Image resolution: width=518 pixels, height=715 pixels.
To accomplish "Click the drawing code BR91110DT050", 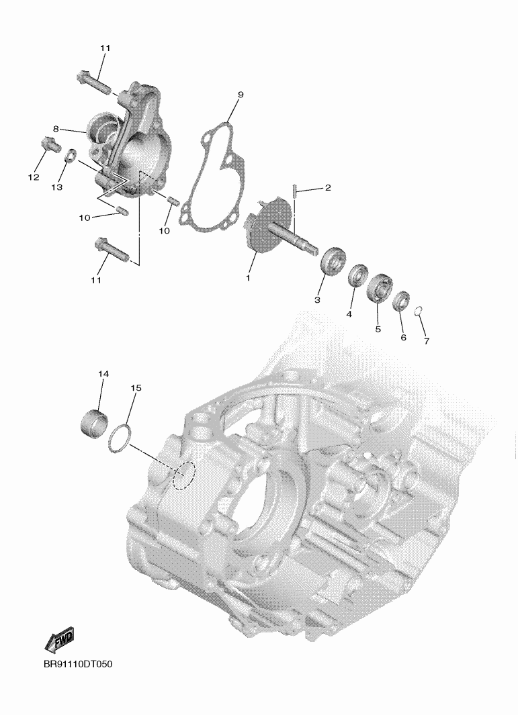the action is [78, 664].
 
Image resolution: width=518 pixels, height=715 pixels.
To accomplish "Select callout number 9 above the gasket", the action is [240, 95].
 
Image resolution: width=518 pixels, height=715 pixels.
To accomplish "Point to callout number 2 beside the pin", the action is [328, 187].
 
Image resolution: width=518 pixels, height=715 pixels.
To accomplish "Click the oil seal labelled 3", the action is [333, 263].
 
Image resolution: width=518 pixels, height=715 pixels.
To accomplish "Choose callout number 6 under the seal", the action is [403, 338].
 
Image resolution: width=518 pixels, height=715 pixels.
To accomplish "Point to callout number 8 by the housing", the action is [56, 129].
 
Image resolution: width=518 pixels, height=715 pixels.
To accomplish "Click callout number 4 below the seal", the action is [349, 314].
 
